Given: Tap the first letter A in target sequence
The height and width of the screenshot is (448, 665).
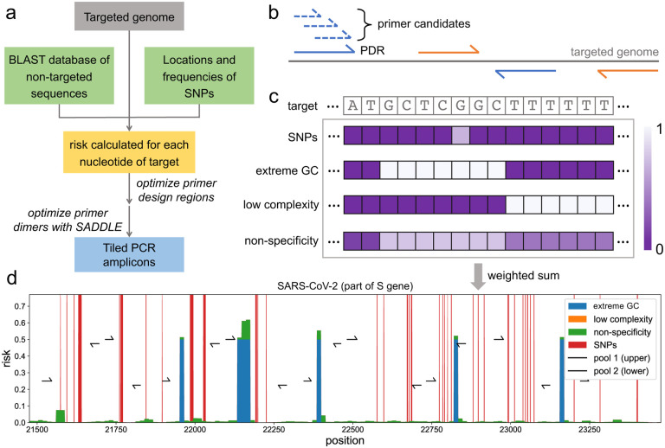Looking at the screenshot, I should (x=352, y=106).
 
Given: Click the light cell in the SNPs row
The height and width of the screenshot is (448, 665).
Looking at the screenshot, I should (x=461, y=137).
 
